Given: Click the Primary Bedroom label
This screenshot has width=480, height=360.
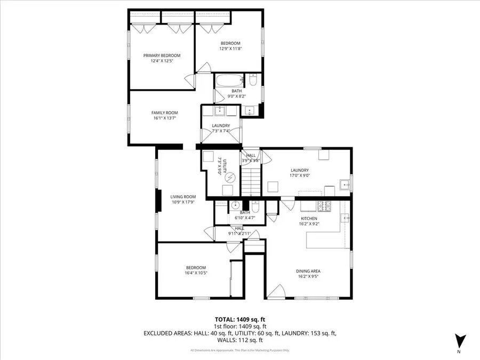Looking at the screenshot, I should coord(162,55).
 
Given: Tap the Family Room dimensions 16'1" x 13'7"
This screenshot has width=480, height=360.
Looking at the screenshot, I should coord(164,118).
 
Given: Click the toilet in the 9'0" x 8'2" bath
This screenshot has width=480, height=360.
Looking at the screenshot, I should coord(253,81).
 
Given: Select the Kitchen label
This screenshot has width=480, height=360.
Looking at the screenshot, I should coord(309,218).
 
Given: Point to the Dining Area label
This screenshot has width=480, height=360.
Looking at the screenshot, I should coord(308,271).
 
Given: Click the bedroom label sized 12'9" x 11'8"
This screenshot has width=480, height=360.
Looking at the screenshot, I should coord(230,43).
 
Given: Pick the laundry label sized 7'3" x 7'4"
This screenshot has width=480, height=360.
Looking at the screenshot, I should coord(220,126).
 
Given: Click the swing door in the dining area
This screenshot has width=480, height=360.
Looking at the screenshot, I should coord(276,291).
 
